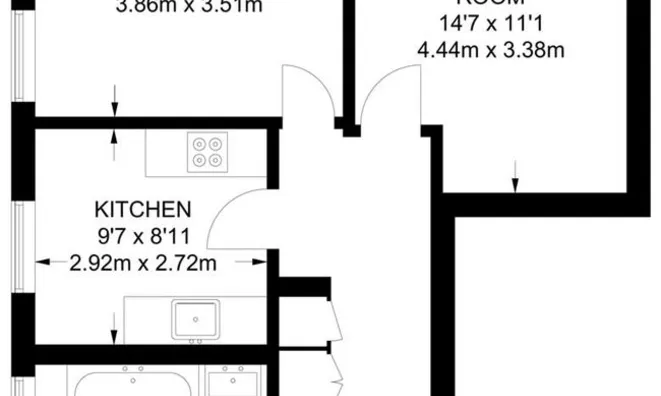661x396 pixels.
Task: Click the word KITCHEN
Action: tap(142, 210)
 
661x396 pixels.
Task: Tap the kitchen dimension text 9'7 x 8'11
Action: tap(142, 237)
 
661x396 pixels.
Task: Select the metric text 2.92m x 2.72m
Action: tap(143, 264)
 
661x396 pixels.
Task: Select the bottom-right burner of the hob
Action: tap(219, 161)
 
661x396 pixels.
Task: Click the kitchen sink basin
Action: tap(197, 319)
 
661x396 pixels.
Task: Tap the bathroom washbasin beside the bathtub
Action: tap(234, 381)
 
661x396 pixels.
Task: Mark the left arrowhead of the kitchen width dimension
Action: tap(43, 263)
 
